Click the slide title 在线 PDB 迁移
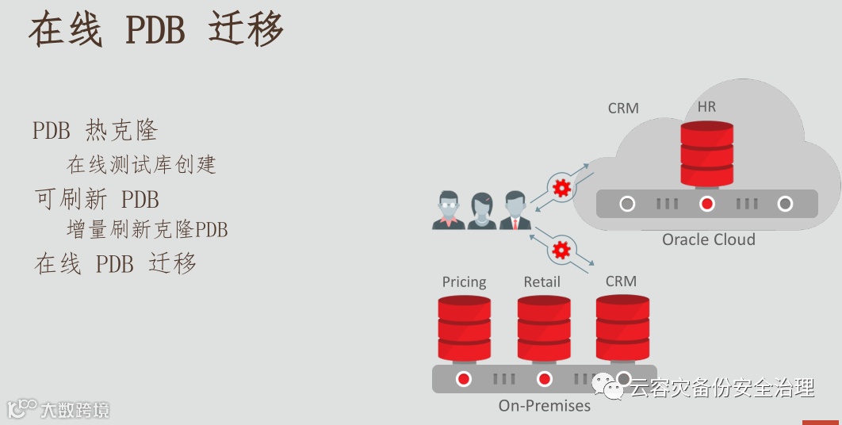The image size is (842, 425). pyautogui.click(x=156, y=29)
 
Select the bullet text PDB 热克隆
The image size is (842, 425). pyautogui.click(x=95, y=130)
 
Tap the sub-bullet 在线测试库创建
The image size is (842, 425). pyautogui.click(x=141, y=164)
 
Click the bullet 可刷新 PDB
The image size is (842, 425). pyautogui.click(x=97, y=197)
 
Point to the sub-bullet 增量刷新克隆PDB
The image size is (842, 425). pyautogui.click(x=147, y=230)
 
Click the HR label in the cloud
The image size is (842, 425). pyautogui.click(x=706, y=106)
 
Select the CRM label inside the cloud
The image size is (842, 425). pyautogui.click(x=623, y=108)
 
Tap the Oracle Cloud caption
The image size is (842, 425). pyautogui.click(x=708, y=239)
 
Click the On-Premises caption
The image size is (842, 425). pyautogui.click(x=545, y=405)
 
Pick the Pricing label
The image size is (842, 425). pyautogui.click(x=464, y=281)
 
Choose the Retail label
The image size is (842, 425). pyautogui.click(x=542, y=281)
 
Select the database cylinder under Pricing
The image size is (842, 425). pyautogui.click(x=464, y=328)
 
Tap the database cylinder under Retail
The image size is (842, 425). pyautogui.click(x=544, y=328)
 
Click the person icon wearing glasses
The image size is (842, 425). pyautogui.click(x=448, y=210)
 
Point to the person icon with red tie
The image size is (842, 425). pyautogui.click(x=515, y=210)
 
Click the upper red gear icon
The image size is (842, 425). pyautogui.click(x=561, y=187)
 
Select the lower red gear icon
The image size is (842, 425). pyautogui.click(x=561, y=251)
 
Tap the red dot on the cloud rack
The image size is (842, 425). pyautogui.click(x=707, y=204)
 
